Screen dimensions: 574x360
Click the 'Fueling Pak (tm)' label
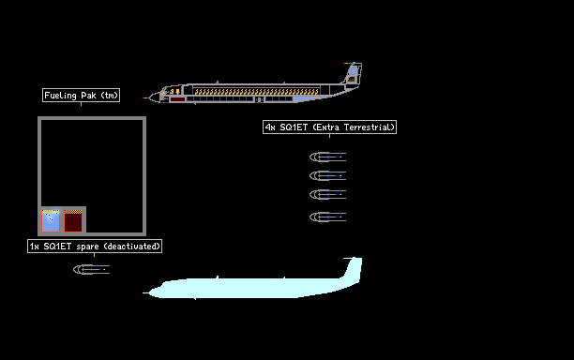(x=81, y=95)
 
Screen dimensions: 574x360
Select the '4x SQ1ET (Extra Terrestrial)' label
(x=329, y=127)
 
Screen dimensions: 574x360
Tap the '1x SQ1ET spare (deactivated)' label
(x=95, y=246)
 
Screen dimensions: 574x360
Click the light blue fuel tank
(x=51, y=220)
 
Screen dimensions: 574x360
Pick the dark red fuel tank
(x=73, y=220)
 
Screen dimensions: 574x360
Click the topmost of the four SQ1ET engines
(x=327, y=157)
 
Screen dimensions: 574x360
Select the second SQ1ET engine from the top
(x=327, y=175)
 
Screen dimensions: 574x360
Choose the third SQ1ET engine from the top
(x=327, y=194)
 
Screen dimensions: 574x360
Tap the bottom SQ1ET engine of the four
(x=327, y=217)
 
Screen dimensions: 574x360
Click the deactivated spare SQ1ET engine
(x=92, y=269)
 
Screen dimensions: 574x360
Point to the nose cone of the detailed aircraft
(x=152, y=97)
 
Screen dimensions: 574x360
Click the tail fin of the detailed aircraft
(x=352, y=73)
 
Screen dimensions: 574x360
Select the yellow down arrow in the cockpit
(x=178, y=91)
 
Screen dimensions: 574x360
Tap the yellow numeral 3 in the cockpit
(x=172, y=91)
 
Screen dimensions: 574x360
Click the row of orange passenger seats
(x=257, y=91)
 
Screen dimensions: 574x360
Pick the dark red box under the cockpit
(x=177, y=99)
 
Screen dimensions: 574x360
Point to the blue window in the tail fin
(x=354, y=70)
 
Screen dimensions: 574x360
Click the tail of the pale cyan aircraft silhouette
(x=352, y=269)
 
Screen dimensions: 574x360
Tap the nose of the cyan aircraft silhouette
(x=152, y=292)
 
